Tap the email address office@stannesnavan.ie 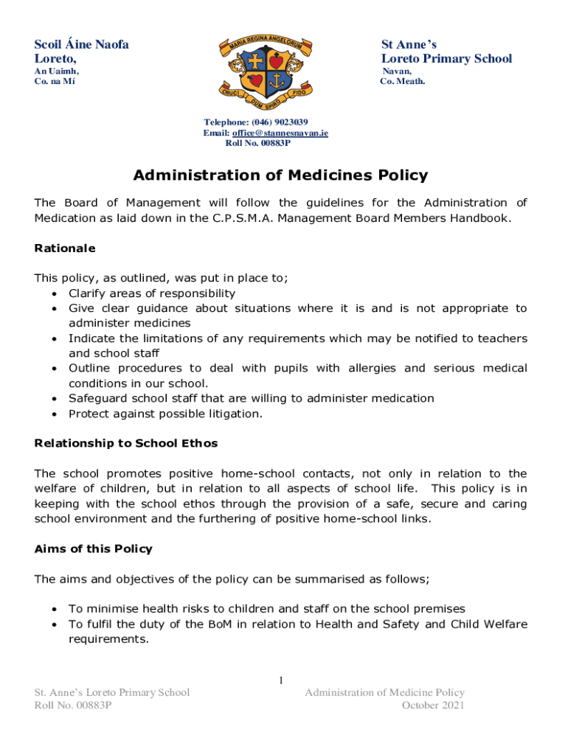(280, 133)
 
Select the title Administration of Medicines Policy (280, 175)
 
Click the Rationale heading (65, 248)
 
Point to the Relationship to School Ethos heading (126, 443)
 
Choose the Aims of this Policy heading (94, 549)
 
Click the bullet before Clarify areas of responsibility (55, 293)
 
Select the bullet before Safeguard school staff (55, 399)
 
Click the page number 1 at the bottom (281, 680)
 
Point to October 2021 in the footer (433, 706)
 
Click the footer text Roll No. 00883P (73, 706)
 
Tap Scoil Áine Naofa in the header (82, 44)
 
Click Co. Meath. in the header (403, 81)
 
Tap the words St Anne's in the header (409, 44)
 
